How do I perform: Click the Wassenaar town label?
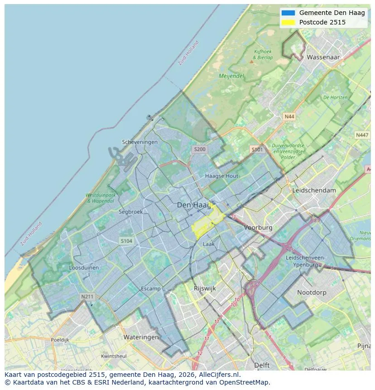point(323,57)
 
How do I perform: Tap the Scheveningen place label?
point(140,142)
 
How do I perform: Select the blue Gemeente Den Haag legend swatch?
point(288,13)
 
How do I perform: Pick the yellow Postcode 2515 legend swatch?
point(288,22)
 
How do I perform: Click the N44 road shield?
point(289,116)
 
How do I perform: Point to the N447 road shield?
point(362,135)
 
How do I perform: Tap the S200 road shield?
point(199,149)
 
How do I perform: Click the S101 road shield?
point(257,149)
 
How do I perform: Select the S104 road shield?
point(126,241)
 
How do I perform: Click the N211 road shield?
point(87,297)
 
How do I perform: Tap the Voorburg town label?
point(258,227)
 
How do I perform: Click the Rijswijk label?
point(205,288)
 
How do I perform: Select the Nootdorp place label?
point(312,293)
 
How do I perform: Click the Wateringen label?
point(141,337)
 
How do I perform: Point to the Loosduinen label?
point(84,268)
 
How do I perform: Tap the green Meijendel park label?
point(231,76)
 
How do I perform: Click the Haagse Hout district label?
point(221,176)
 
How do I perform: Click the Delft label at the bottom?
point(262,365)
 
